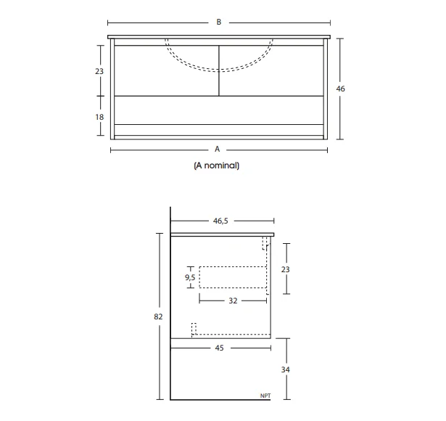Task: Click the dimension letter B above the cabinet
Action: [x=218, y=23]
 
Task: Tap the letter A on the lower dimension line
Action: [x=217, y=150]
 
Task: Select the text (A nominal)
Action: [x=217, y=165]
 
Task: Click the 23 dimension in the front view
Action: [x=99, y=71]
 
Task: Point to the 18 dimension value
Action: [x=99, y=116]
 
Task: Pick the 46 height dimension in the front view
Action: [x=341, y=89]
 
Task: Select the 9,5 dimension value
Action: [x=190, y=277]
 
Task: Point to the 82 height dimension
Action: [x=159, y=316]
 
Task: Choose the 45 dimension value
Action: [x=219, y=348]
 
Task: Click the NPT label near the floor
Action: [x=265, y=396]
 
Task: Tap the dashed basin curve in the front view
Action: [x=218, y=70]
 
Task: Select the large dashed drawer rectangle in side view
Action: [x=234, y=278]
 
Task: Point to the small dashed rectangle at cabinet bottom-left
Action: [x=194, y=329]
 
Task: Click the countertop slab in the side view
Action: [x=222, y=234]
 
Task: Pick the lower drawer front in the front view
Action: [x=218, y=110]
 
